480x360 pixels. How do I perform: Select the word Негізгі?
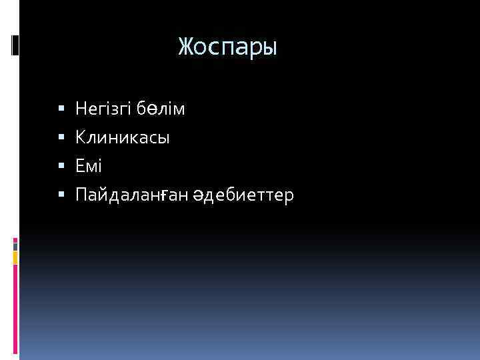pos(104,107)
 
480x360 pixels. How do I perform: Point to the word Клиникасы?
pos(123,138)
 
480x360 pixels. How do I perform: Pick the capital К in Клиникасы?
pos(81,138)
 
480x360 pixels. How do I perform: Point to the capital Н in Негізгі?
pos(81,107)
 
